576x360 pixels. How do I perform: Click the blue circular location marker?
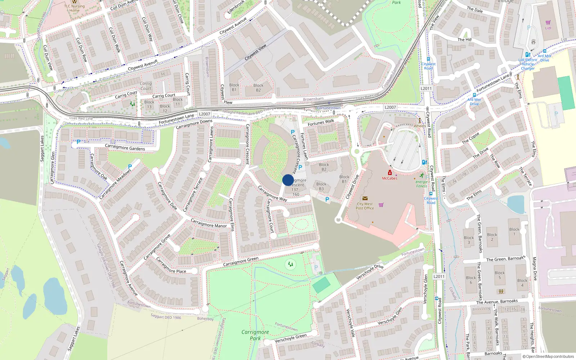point(288,180)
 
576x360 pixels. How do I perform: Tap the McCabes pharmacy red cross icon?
point(390,173)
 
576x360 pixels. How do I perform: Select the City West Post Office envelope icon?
point(365,198)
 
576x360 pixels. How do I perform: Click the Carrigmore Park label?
point(255,335)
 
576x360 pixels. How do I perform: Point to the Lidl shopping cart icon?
point(548,22)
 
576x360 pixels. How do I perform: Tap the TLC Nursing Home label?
point(75,8)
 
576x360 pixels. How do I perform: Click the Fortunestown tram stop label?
point(329,108)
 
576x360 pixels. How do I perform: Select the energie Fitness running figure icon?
point(422,175)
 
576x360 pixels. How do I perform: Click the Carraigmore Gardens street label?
point(125,148)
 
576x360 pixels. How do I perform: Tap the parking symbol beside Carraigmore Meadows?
point(130,167)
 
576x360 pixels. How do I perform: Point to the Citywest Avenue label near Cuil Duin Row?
point(143,65)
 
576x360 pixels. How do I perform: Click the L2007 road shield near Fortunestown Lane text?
point(204,114)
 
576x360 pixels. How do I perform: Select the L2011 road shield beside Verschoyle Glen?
point(439,276)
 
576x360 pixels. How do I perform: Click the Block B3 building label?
point(321,186)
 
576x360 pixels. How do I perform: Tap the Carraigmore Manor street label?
point(208,223)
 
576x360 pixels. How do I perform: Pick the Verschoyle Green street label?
point(291,338)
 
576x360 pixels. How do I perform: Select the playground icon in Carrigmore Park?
point(291,265)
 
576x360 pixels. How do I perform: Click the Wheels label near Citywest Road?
point(419,126)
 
